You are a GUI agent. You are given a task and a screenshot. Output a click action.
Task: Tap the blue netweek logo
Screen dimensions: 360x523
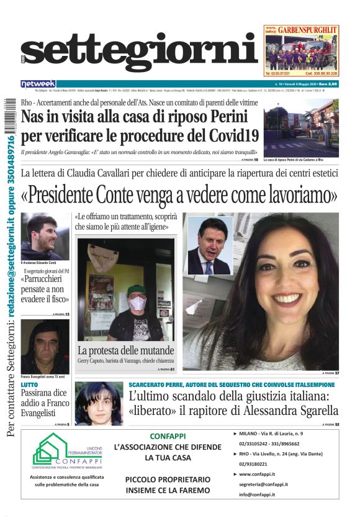click(x=38, y=83)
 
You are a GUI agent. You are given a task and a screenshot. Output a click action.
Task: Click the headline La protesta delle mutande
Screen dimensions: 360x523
click(x=125, y=350)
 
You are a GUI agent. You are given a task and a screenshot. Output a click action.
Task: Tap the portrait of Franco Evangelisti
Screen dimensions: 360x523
click(x=45, y=347)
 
